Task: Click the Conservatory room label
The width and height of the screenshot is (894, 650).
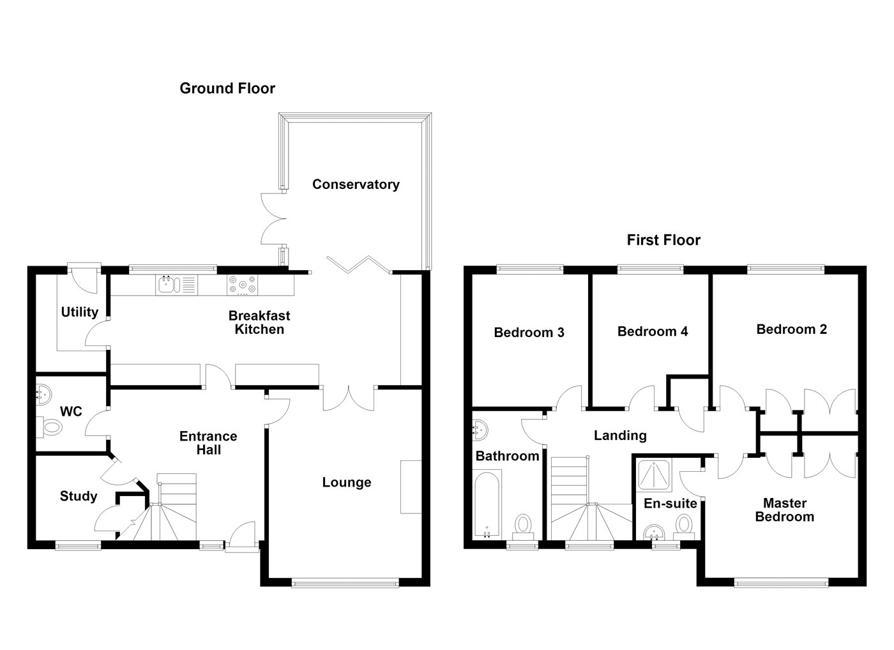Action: click(356, 185)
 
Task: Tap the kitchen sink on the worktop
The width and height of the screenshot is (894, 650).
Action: click(167, 284)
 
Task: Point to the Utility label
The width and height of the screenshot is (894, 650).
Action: click(79, 312)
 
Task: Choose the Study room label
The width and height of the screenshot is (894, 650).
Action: click(79, 496)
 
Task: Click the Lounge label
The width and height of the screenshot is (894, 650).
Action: click(347, 482)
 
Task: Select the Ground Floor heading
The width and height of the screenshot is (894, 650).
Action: click(227, 88)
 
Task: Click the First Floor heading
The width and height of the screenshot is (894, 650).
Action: click(663, 240)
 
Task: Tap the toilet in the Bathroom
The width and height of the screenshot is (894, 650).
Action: click(524, 526)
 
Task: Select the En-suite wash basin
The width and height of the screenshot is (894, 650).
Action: click(656, 533)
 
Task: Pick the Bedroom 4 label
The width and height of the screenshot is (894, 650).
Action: click(653, 331)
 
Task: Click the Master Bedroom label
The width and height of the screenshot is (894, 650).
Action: click(784, 510)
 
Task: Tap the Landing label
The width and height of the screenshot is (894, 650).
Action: click(620, 435)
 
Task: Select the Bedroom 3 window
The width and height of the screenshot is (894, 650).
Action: click(530, 269)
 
